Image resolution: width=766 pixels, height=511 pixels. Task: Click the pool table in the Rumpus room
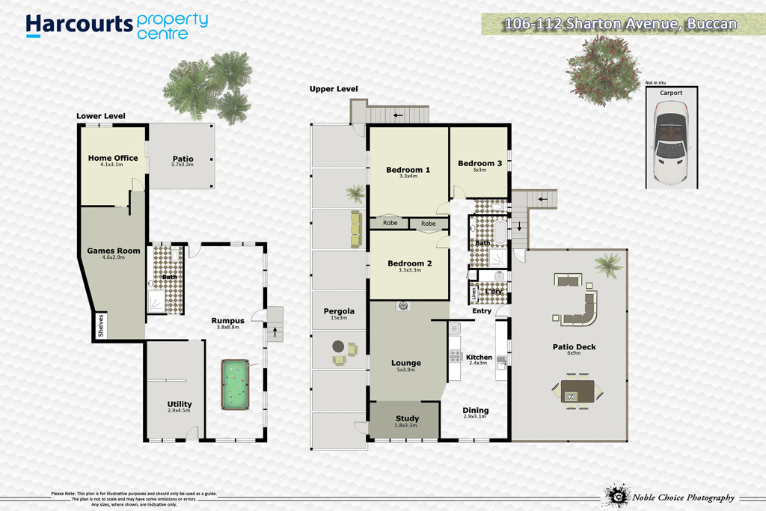pyautogui.click(x=236, y=385)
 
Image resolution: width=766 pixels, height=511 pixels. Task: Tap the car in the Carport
pyautogui.click(x=671, y=142)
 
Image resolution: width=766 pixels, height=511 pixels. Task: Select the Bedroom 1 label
pyautogui.click(x=408, y=170)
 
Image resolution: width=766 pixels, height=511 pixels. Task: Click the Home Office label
pyautogui.click(x=113, y=158)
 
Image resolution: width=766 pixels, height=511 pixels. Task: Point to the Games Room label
pyautogui.click(x=114, y=251)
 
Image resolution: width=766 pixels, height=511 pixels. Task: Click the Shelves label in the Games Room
pyautogui.click(x=101, y=325)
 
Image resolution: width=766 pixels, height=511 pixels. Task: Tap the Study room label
pyautogui.click(x=407, y=418)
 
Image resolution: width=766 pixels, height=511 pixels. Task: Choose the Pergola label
pyautogui.click(x=339, y=311)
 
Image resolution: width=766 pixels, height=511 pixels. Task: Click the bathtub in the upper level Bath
pyautogui.click(x=500, y=232)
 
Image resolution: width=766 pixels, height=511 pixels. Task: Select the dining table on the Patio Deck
pyautogui.click(x=577, y=391)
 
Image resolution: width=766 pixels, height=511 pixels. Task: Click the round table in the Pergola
pyautogui.click(x=338, y=346)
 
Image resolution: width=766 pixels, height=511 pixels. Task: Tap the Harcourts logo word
pyautogui.click(x=79, y=25)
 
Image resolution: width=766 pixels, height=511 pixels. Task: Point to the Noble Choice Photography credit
pyautogui.click(x=684, y=498)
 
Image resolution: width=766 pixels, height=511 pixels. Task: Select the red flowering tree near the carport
pyautogui.click(x=603, y=70)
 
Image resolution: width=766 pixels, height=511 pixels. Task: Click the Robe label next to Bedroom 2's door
pyautogui.click(x=428, y=224)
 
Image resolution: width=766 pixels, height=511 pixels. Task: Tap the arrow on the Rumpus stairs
pyautogui.click(x=275, y=332)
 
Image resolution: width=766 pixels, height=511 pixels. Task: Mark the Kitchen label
pyautogui.click(x=479, y=357)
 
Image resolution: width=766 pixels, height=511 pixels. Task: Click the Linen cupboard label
pyautogui.click(x=474, y=293)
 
